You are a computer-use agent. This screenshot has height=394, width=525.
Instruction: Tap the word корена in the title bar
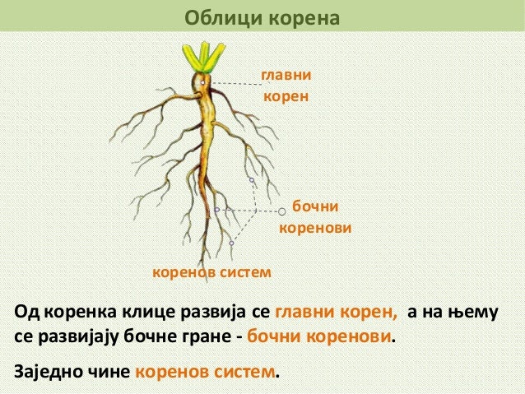click(298, 16)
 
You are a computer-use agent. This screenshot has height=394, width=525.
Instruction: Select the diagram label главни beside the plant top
click(286, 76)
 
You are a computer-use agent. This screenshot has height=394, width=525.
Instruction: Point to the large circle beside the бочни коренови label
click(282, 211)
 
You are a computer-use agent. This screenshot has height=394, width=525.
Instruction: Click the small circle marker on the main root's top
click(202, 82)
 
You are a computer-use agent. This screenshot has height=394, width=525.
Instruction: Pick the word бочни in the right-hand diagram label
click(318, 205)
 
